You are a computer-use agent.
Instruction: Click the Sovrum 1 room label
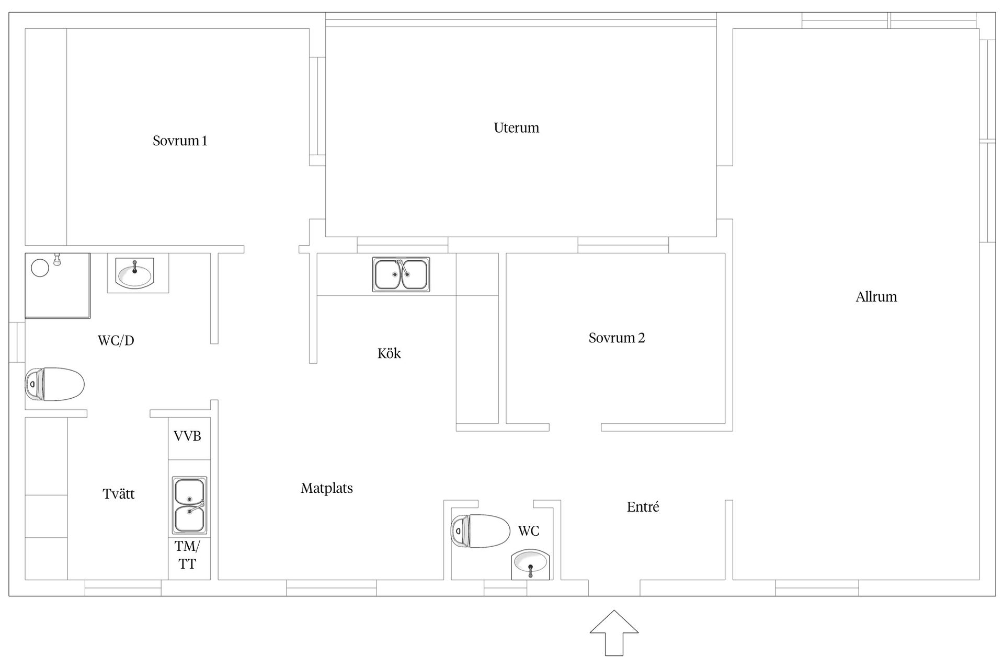pos(180,141)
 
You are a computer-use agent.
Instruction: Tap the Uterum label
pos(516,128)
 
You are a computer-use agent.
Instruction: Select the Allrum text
pos(876,297)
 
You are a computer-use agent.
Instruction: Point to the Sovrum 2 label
pos(617,338)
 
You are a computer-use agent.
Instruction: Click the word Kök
pos(389,353)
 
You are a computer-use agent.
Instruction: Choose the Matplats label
pos(327,488)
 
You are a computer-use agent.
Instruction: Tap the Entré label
pos(643,506)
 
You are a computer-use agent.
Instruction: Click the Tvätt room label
pos(119,493)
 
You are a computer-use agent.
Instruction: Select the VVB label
pos(187,436)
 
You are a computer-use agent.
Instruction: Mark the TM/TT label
pos(187,555)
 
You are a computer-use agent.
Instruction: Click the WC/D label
pos(116,341)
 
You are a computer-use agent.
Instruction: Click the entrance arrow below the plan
pos(614,633)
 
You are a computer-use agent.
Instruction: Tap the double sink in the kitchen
pos(401,274)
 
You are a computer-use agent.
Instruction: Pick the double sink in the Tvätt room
pos(189,505)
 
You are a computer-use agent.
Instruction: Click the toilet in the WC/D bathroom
pos(54,384)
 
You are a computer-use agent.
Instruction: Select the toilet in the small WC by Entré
pos(480,531)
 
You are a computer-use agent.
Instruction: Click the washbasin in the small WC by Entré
pos(530,564)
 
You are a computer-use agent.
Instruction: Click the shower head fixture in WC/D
pos(58,259)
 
